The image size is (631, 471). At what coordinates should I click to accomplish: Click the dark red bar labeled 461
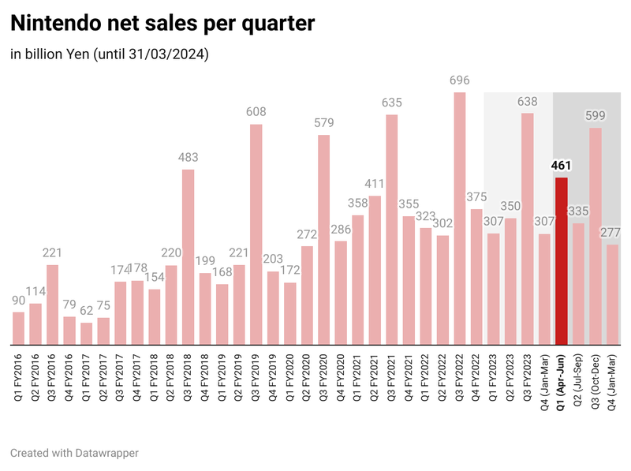pos(561,261)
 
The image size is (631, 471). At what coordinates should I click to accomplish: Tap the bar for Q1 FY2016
pos(19,328)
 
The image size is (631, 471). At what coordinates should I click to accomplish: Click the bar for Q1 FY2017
pos(87,334)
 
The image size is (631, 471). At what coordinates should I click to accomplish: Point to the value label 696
pos(459,80)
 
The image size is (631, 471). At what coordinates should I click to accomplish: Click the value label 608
pos(256,112)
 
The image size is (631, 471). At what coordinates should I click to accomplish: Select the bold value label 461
pos(561,166)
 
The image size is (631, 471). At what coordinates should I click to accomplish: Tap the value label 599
pos(596,116)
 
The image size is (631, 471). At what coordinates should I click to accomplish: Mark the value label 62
pos(87,311)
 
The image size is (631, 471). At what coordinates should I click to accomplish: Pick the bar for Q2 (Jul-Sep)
pos(578,284)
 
